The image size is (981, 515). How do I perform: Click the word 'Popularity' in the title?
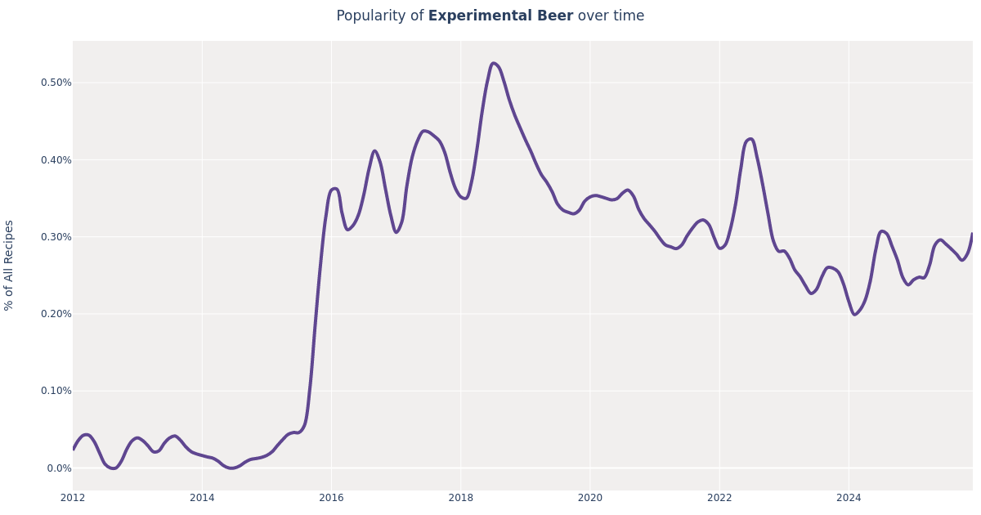369,16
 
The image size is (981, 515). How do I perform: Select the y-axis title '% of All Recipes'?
10,265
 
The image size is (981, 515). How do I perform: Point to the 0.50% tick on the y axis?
56,83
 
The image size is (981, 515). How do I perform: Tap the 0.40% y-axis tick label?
56,159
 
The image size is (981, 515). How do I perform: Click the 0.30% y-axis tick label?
56,237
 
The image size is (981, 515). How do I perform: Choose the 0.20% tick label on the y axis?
56,314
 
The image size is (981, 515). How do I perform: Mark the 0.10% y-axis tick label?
56,391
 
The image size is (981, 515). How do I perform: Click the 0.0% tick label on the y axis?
58,468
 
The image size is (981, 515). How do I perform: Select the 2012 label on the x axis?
73,498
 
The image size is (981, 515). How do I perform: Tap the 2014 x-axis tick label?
202,498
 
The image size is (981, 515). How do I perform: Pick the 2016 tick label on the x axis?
331,498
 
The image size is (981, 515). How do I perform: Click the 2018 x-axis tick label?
460,498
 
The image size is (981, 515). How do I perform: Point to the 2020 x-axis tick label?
590,498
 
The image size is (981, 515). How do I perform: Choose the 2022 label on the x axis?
719,498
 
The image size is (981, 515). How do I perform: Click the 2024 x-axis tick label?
849,498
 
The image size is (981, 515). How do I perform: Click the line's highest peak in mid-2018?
493,63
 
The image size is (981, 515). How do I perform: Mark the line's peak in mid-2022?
750,139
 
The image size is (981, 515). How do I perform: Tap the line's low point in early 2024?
854,315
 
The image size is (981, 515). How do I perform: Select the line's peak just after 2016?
334,189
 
